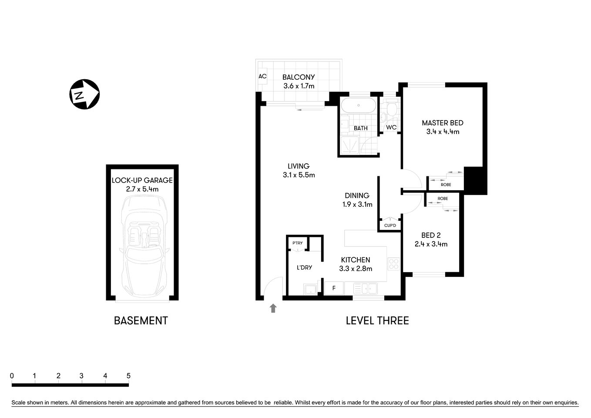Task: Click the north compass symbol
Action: [x=84, y=94]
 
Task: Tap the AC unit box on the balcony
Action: [x=262, y=77]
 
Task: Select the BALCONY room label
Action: [x=299, y=77]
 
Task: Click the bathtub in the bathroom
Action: [x=358, y=106]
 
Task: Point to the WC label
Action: [x=391, y=128]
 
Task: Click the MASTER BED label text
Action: [x=443, y=123]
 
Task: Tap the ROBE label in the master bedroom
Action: [x=446, y=185]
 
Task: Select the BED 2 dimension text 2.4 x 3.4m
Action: [x=431, y=244]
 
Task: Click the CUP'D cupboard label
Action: [x=390, y=226]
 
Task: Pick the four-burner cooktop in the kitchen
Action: [x=393, y=264]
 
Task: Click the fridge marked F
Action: [x=334, y=288]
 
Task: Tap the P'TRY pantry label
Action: [x=297, y=243]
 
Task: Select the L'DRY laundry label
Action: [x=304, y=267]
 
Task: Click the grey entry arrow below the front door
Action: [x=273, y=308]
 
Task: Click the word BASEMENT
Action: [x=141, y=321]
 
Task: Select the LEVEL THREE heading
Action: [x=377, y=321]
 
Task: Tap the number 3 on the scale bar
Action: [x=81, y=376]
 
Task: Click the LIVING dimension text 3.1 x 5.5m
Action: [x=299, y=175]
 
